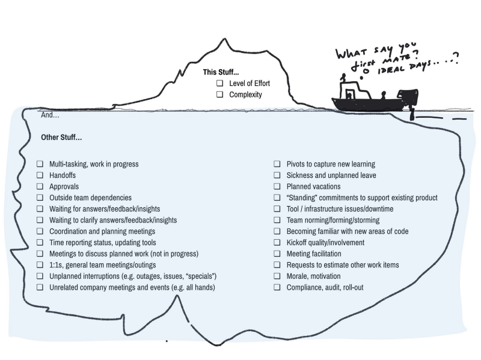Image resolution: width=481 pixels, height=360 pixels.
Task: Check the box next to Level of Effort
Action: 219,83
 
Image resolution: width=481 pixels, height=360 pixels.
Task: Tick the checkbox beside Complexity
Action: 219,94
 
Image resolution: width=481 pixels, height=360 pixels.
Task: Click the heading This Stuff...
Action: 221,72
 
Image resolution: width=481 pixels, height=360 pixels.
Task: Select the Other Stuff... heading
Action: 61,138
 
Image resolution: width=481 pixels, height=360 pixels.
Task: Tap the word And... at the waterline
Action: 50,115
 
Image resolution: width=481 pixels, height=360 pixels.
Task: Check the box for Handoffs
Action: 40,175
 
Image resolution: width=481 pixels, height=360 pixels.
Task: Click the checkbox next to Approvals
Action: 40,186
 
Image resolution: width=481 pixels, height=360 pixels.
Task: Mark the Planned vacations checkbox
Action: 277,186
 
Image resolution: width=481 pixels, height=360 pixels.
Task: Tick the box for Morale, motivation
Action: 277,276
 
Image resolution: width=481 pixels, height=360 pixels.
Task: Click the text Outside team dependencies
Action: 91,198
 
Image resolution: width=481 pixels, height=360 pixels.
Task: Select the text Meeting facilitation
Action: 314,254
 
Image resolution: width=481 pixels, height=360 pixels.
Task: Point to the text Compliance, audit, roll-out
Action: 325,288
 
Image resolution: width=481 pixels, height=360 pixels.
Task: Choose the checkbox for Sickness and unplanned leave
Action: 277,175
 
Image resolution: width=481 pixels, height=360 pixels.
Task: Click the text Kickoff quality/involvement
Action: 325,243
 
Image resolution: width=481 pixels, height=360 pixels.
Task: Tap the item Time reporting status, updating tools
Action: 103,243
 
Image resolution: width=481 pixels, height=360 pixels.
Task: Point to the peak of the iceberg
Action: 224,39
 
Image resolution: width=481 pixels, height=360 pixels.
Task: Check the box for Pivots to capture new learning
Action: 277,164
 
